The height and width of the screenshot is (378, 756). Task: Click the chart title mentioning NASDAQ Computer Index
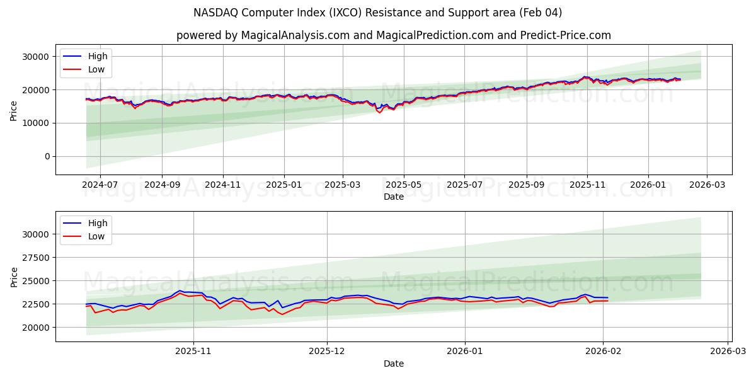pyautogui.click(x=378, y=13)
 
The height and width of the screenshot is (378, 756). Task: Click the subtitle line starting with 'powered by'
pyautogui.click(x=393, y=35)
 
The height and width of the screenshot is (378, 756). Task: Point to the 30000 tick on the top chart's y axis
pyautogui.click(x=35, y=57)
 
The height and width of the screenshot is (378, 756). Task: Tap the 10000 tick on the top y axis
pyautogui.click(x=35, y=123)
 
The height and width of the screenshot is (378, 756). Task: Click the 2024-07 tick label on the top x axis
pyautogui.click(x=101, y=185)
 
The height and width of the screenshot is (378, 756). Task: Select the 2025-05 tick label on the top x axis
pyautogui.click(x=403, y=185)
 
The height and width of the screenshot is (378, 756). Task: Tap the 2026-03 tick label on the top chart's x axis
pyautogui.click(x=706, y=185)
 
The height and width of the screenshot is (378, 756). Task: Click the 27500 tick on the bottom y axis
pyautogui.click(x=35, y=258)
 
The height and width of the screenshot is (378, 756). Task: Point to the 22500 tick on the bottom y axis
pyautogui.click(x=35, y=304)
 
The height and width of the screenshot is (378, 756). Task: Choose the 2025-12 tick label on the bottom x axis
pyautogui.click(x=327, y=352)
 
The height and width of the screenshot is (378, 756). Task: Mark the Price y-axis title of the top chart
pyautogui.click(x=14, y=110)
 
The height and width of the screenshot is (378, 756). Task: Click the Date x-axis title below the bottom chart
pyautogui.click(x=393, y=364)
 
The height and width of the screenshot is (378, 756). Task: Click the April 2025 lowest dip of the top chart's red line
pyautogui.click(x=379, y=112)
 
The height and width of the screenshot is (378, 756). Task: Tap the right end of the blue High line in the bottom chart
pyautogui.click(x=608, y=297)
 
